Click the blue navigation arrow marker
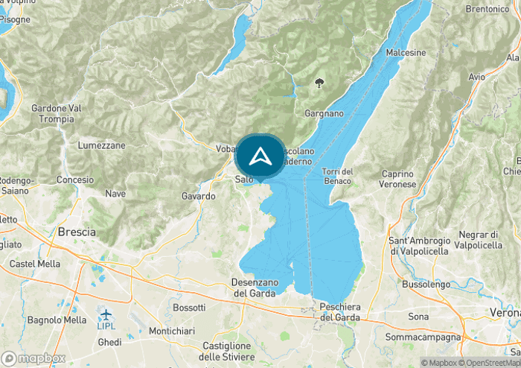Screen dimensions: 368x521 [x=260, y=156]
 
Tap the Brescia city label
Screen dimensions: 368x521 [x=77, y=232]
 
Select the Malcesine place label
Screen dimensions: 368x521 [x=406, y=53]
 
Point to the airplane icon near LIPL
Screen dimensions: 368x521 [x=106, y=314]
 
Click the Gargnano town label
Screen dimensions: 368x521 [x=325, y=114]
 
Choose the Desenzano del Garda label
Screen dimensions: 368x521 [x=255, y=288]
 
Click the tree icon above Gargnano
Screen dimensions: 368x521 [x=320, y=82]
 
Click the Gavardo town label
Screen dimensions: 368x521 [x=198, y=196]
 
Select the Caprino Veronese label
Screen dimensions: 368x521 [x=397, y=179]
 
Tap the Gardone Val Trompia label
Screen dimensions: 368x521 [x=56, y=113]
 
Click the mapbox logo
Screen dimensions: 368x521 [x=33, y=358]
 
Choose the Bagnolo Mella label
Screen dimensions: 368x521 [x=57, y=320]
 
